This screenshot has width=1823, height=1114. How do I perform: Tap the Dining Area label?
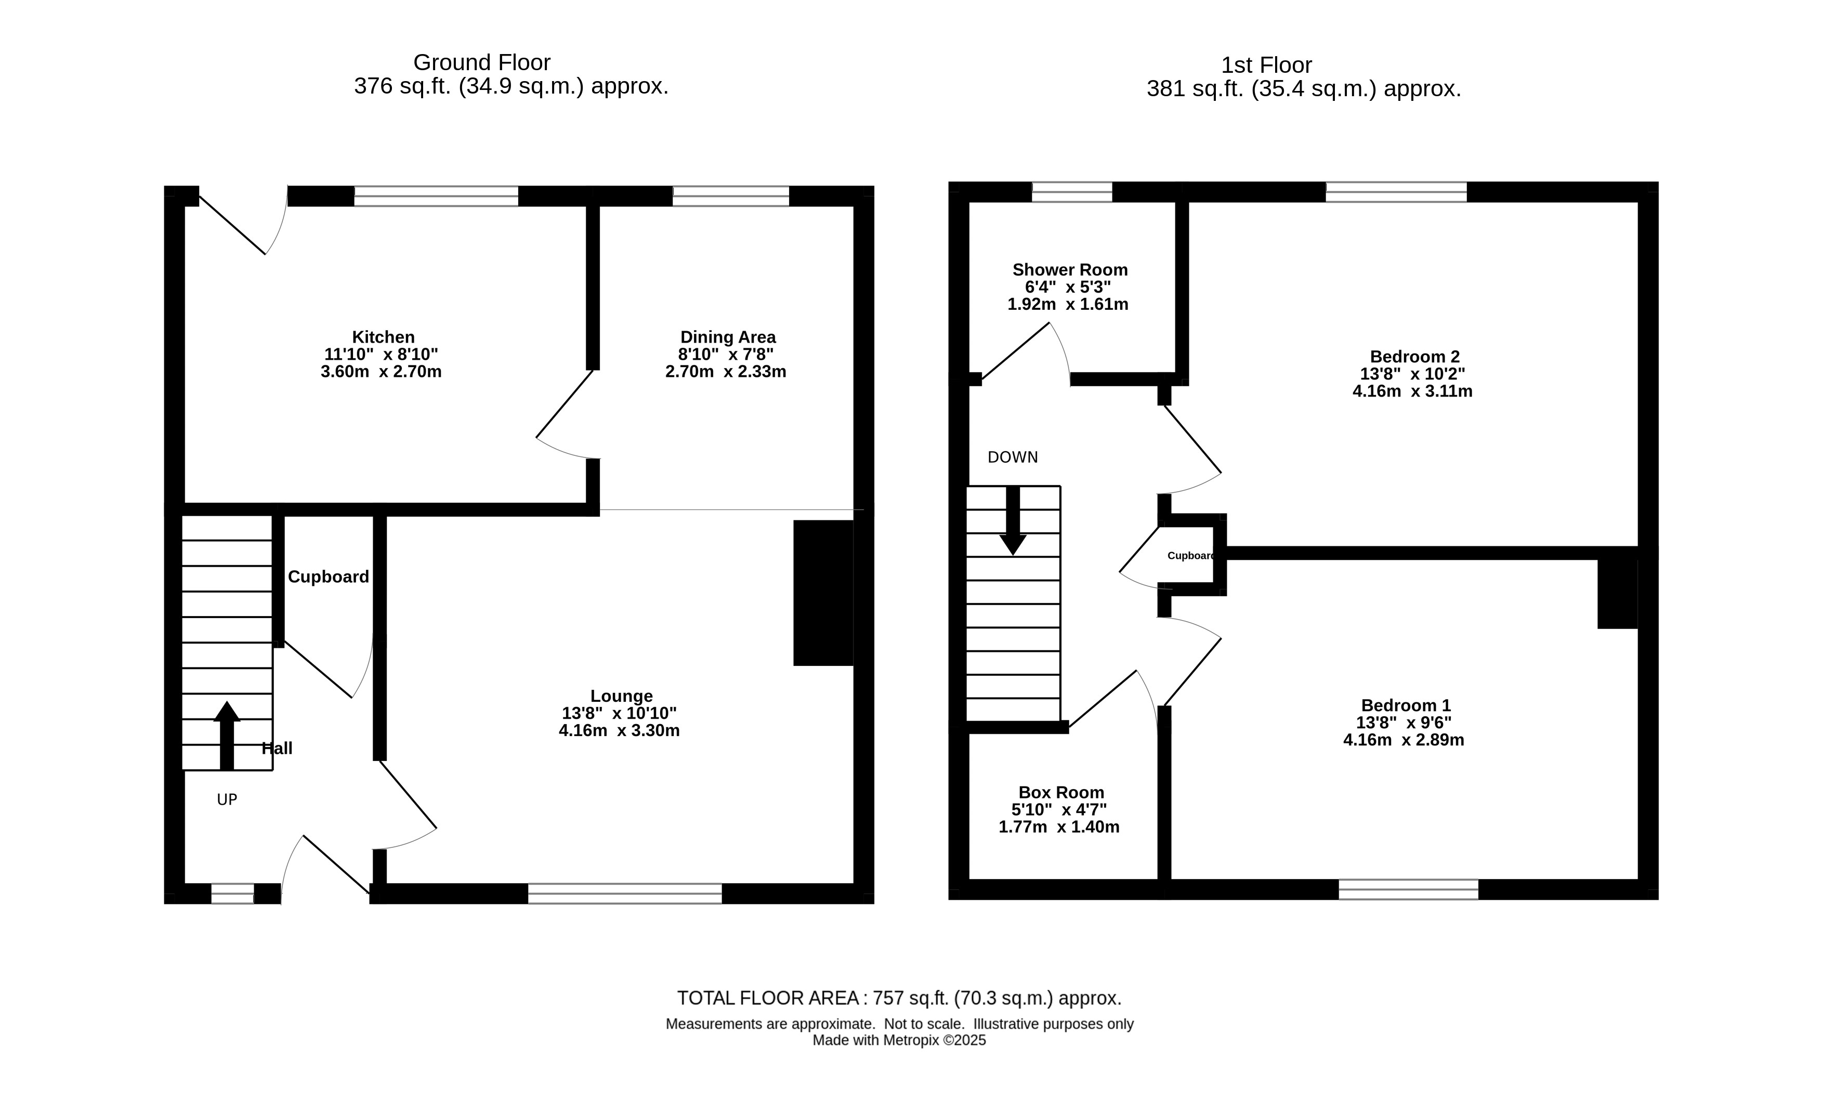tap(728, 337)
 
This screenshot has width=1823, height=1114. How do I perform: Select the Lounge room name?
tap(622, 696)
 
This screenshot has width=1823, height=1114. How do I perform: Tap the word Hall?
tap(278, 748)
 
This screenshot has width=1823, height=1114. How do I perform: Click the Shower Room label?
tap(1070, 270)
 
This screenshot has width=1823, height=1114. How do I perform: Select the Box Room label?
tap(1061, 792)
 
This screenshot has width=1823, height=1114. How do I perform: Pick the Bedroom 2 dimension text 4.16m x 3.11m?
tap(1412, 391)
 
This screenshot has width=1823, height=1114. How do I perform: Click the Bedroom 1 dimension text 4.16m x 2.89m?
tap(1404, 740)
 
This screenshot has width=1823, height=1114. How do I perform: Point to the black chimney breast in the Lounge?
tap(823, 593)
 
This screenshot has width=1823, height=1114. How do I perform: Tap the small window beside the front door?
tap(232, 894)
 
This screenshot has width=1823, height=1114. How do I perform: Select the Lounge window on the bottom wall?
tap(625, 894)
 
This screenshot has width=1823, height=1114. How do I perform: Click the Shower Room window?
tap(1072, 192)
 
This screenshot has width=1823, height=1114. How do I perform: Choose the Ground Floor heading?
tap(482, 62)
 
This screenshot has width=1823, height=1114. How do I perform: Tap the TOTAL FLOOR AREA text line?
tap(899, 998)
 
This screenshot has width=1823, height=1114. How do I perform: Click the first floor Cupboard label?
tap(1190, 556)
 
